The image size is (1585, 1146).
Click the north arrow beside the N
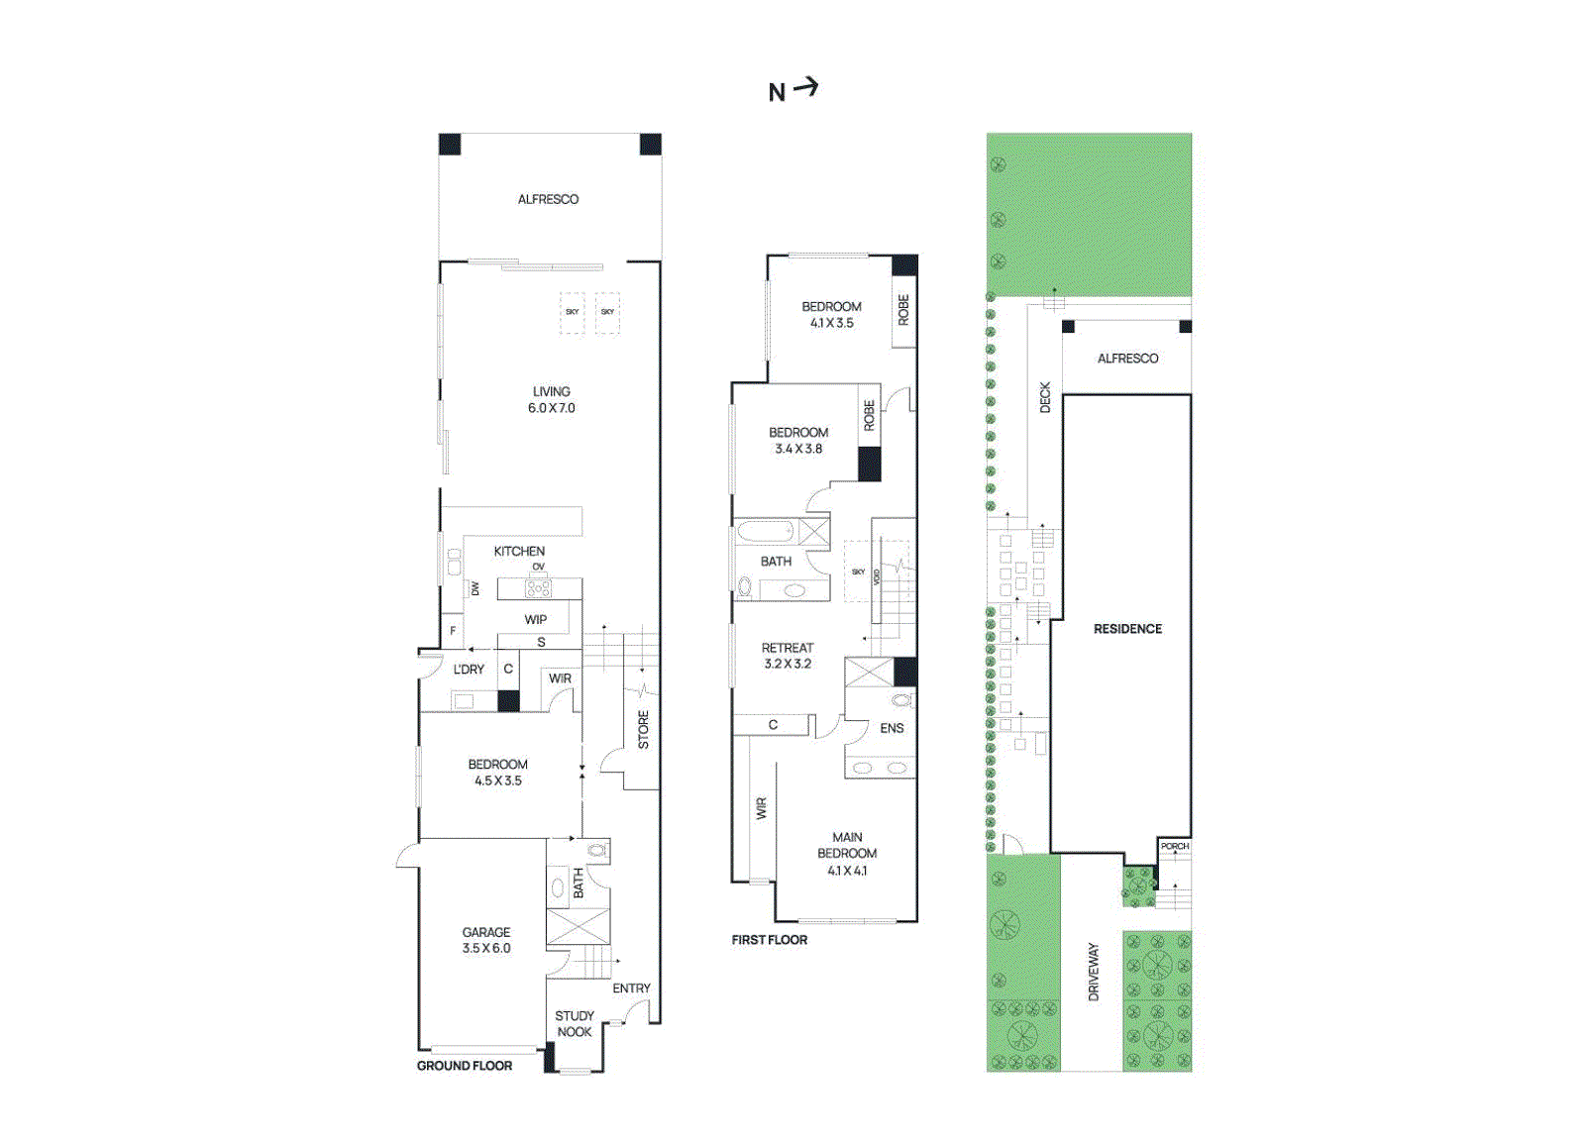806,88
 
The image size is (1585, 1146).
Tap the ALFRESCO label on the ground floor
548,199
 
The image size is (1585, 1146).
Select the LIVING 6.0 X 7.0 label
551,399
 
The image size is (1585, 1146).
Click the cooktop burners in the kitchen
538,589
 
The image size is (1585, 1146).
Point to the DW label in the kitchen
475,588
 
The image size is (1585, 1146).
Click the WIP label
535,620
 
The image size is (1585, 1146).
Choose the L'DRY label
469,670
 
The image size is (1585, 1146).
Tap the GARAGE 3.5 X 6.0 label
486,940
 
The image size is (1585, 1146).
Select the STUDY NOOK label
574,1023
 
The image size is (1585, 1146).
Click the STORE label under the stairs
643,729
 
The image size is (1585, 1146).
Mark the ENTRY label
631,989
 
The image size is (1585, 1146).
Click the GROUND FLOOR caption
464,1066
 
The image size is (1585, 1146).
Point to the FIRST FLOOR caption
769,940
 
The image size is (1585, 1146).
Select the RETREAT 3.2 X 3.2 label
788,656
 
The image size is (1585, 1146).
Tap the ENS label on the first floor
892,728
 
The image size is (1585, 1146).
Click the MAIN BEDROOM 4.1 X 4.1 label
847,853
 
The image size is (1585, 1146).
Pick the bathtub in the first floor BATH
765,533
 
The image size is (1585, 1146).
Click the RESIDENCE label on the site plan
1127,629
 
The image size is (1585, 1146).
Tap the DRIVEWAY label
1094,972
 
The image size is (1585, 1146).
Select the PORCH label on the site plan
1174,846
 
